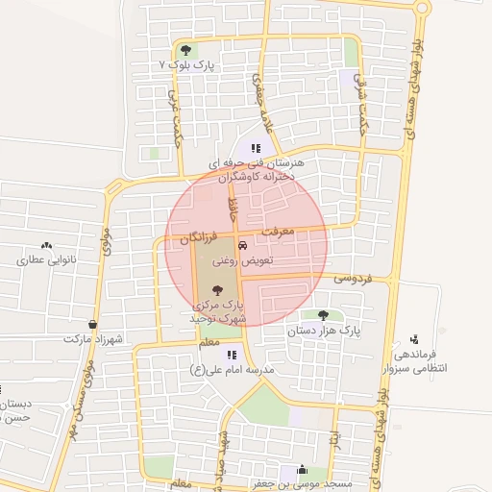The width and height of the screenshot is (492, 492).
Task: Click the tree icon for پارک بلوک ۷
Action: coord(185,49)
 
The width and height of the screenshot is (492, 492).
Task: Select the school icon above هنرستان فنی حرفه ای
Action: coord(256,148)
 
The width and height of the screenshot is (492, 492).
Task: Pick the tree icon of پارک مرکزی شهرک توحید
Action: coord(218,288)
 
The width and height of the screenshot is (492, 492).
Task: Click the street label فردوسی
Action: coord(353,278)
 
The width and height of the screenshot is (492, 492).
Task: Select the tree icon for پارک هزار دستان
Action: coord(322,315)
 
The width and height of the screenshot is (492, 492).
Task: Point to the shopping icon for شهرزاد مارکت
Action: coord(92,325)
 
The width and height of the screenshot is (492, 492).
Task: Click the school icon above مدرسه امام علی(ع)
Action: coord(232,355)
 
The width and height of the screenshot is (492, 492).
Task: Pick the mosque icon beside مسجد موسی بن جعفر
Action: coord(304,471)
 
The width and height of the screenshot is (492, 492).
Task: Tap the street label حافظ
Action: coord(232,206)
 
